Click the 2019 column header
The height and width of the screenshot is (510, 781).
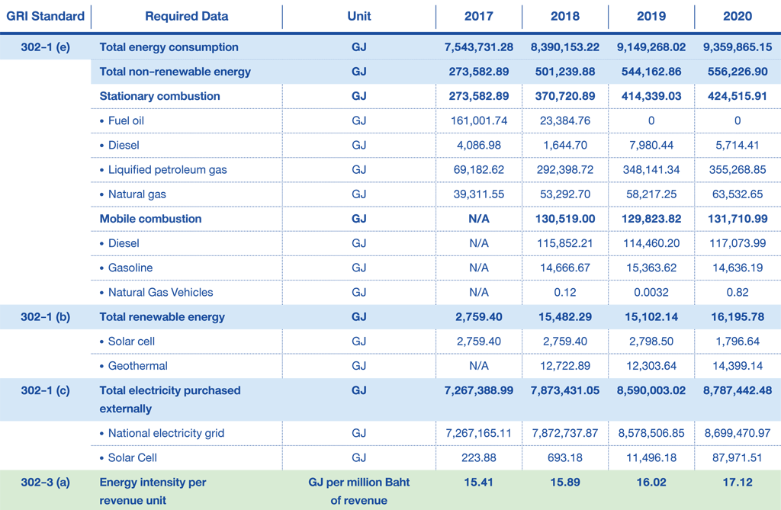click(x=651, y=16)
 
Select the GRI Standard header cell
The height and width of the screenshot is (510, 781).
click(x=45, y=16)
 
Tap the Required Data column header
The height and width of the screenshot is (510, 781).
click(x=187, y=16)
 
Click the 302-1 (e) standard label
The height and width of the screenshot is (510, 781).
click(x=45, y=47)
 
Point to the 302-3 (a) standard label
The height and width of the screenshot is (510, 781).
click(x=45, y=482)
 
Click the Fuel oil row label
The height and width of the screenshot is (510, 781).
click(x=122, y=120)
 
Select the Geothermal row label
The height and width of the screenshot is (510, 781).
click(x=133, y=366)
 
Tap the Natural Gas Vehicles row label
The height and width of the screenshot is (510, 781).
click(x=156, y=292)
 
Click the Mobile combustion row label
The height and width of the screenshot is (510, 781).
click(x=150, y=219)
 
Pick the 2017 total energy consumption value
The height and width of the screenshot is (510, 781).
click(x=479, y=47)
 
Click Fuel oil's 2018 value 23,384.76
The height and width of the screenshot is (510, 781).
click(x=565, y=120)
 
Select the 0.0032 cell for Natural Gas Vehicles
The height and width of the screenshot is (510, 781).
click(x=651, y=292)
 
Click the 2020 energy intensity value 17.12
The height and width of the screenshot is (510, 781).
click(x=738, y=482)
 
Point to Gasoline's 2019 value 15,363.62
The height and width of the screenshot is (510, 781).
click(x=651, y=268)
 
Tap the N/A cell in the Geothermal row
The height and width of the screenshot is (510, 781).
click(x=479, y=366)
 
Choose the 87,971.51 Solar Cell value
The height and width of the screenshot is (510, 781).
click(x=738, y=457)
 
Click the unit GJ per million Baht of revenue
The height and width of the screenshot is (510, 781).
click(x=359, y=491)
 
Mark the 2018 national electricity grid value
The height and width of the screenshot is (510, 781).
click(x=565, y=433)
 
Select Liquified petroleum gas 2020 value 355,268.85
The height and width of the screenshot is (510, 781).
click(x=738, y=169)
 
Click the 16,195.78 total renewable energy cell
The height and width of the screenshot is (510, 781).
click(x=738, y=317)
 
